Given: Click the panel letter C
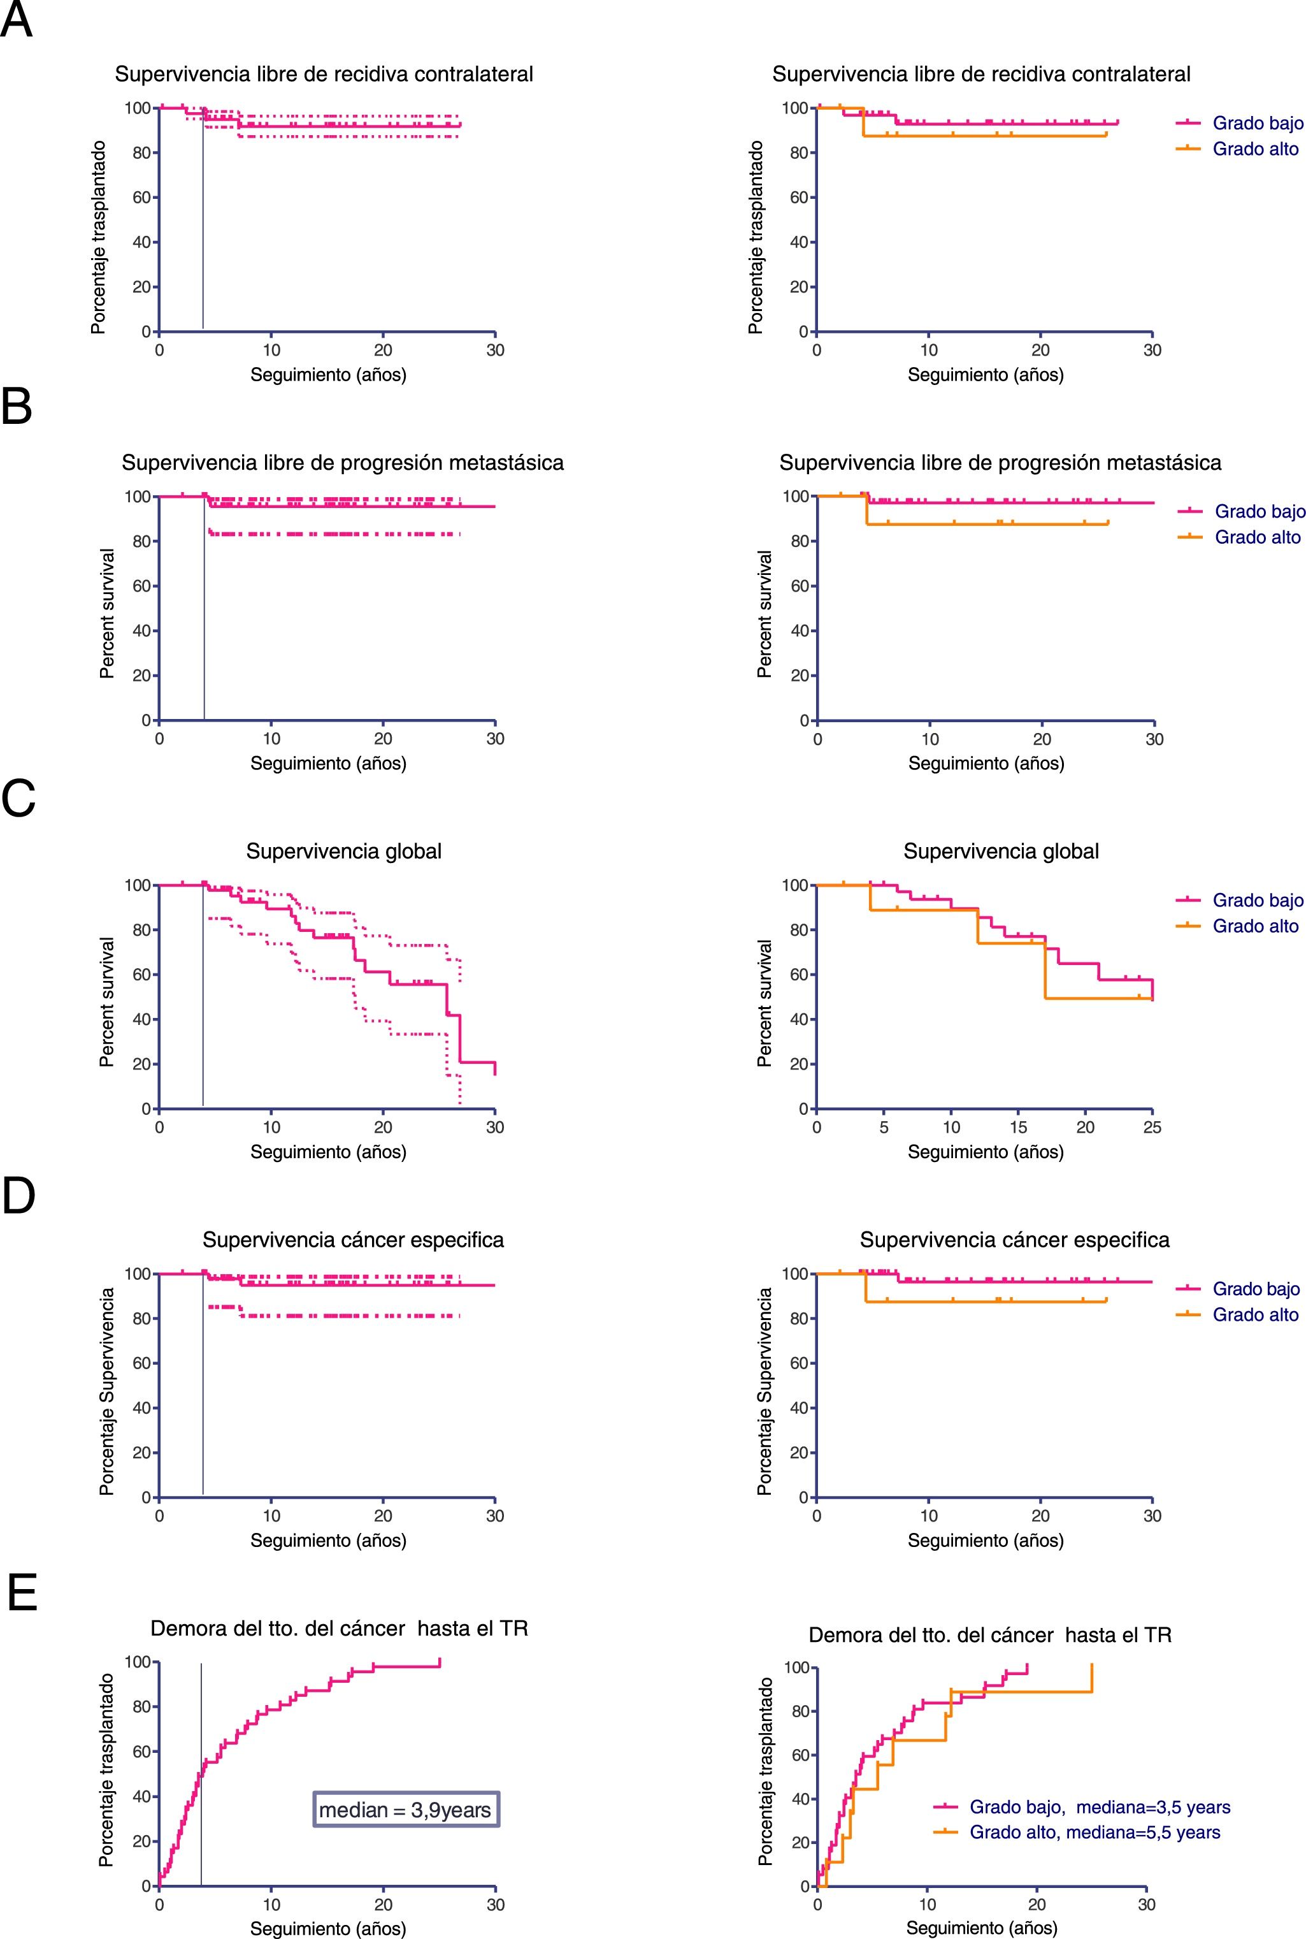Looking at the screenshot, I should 18,798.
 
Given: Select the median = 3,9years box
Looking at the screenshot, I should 406,1809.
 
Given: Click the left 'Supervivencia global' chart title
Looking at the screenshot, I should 344,851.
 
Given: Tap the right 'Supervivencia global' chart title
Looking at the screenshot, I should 1001,851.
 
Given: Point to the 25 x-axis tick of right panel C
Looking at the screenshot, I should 1152,1126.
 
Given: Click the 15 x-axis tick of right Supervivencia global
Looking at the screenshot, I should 1018,1126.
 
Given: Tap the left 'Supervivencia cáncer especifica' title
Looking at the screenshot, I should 353,1240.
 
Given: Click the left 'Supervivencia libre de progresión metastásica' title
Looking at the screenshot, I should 342,463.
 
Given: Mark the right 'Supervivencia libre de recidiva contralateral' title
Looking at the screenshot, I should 981,74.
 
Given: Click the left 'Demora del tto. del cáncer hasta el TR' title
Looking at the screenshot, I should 339,1627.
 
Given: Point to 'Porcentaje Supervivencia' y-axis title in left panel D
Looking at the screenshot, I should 106,1391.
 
